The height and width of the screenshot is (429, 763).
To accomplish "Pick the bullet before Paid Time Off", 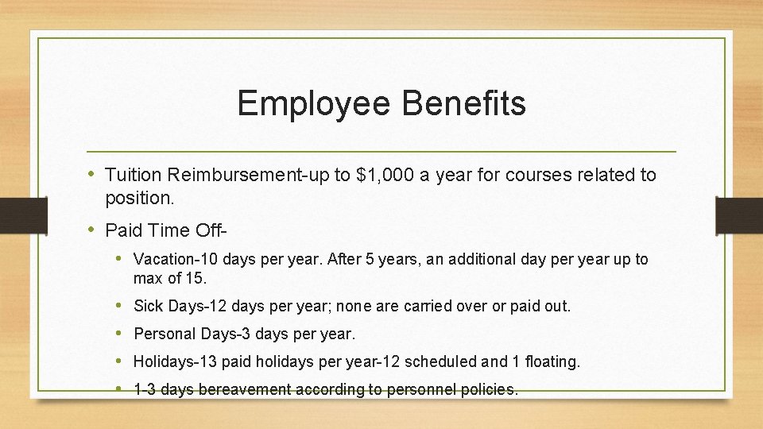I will (x=92, y=230).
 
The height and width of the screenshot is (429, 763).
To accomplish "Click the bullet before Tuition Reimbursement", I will (x=92, y=174).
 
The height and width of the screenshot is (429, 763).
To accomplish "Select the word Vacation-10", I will (x=176, y=260).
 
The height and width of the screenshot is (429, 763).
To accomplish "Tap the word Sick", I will (x=148, y=306).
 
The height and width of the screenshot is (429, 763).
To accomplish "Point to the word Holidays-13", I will (x=176, y=361).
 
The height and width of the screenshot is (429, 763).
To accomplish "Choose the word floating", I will (x=552, y=361).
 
